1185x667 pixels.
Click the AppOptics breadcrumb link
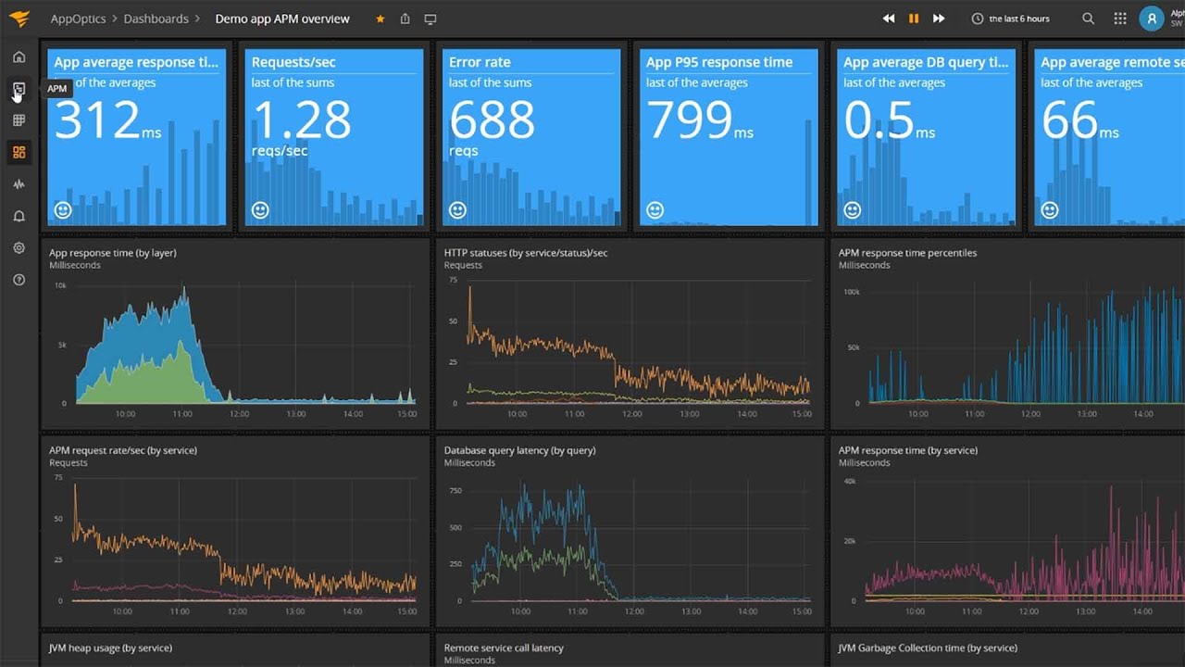pos(78,19)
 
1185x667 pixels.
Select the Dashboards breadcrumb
pos(156,19)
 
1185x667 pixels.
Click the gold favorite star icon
pos(380,19)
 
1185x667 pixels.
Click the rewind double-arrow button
pos(889,19)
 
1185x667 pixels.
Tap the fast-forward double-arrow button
pos(939,19)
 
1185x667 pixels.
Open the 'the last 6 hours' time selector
pos(1011,19)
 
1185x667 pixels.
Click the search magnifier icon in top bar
pos(1089,19)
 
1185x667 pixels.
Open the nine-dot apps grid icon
pos(1120,19)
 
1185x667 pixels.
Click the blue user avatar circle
pos(1151,19)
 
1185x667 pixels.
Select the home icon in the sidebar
pos(19,57)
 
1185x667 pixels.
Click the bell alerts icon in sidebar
pos(19,217)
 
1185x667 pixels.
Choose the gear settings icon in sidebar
pos(19,248)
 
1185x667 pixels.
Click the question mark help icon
pos(19,280)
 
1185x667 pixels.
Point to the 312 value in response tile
pos(97,120)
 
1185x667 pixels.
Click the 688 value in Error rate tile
pos(492,120)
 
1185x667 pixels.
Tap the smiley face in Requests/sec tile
pos(260,210)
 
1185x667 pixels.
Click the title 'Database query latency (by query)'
pos(519,450)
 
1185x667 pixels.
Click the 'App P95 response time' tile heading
pos(719,62)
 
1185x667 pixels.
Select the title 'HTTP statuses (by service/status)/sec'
pos(526,253)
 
